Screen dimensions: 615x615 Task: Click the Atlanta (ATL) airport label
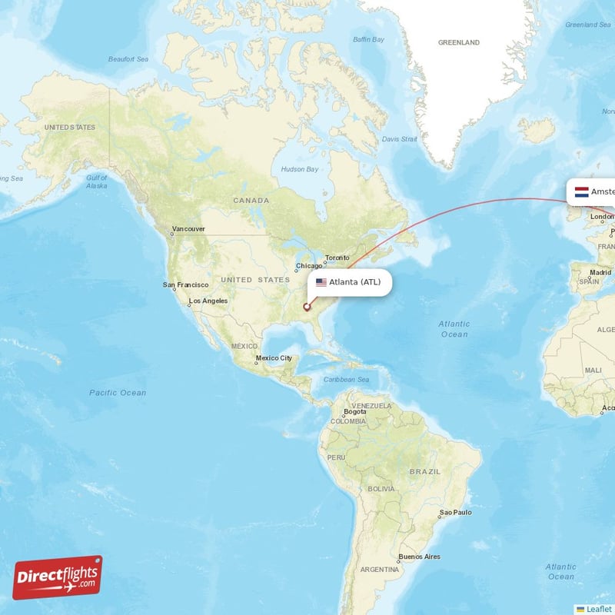[x=354, y=282]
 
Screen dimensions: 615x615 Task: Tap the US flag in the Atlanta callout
[x=321, y=282]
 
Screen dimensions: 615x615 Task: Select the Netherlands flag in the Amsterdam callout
[x=582, y=191]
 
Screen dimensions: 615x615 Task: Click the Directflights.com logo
[x=58, y=577]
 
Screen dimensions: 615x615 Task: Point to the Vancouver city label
[x=188, y=229]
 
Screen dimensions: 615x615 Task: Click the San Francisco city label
[x=185, y=284]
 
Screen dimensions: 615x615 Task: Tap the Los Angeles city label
[x=208, y=301]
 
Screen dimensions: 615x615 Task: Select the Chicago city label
[x=308, y=268]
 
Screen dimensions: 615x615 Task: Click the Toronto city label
[x=337, y=258]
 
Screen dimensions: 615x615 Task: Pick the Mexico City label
[x=274, y=358]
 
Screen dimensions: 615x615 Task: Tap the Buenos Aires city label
[x=419, y=557]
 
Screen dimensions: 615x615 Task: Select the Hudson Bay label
[x=299, y=169]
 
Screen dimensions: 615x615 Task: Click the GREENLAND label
[x=458, y=42]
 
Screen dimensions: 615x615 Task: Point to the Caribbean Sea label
[x=347, y=380]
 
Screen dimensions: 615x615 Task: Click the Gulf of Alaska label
[x=97, y=181]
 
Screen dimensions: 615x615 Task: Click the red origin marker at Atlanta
[x=307, y=307]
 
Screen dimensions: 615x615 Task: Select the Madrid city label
[x=600, y=272]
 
